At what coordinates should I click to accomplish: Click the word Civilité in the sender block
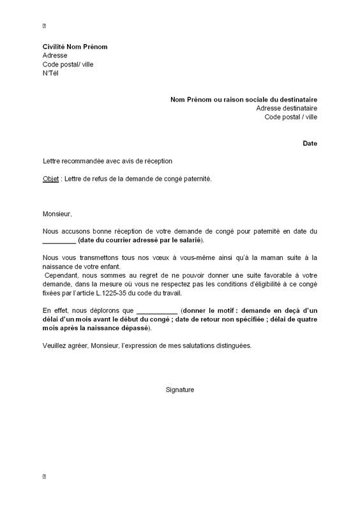(55, 47)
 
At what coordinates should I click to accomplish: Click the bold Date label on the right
(310, 144)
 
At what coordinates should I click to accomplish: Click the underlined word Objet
(50, 179)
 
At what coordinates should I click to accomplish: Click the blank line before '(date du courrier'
(59, 240)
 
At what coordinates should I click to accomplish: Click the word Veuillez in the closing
(56, 346)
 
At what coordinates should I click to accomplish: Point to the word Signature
(179, 390)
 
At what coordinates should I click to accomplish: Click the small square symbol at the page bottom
(44, 476)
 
